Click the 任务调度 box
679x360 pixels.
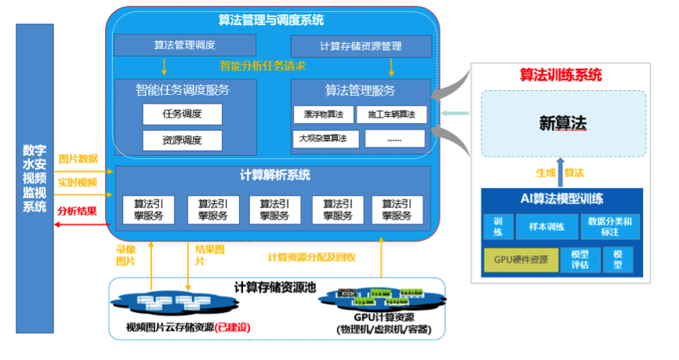click(x=182, y=115)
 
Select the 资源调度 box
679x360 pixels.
click(x=182, y=140)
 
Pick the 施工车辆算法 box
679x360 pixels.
click(x=391, y=115)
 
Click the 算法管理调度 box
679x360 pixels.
click(x=185, y=45)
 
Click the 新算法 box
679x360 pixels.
click(x=563, y=123)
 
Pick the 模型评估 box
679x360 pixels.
click(x=580, y=259)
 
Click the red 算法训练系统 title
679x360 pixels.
click(x=561, y=75)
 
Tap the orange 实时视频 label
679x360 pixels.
click(x=78, y=183)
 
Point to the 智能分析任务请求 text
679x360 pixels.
click(x=263, y=66)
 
